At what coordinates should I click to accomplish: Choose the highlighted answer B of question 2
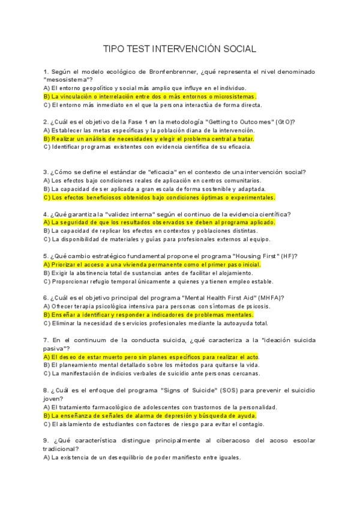tap(149, 138)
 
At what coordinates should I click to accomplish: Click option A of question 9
tap(142, 457)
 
